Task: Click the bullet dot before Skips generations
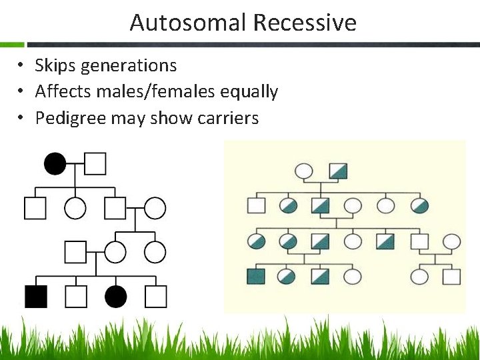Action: (22, 66)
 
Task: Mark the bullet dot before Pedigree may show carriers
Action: (22, 118)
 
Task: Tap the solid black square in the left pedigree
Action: (36, 296)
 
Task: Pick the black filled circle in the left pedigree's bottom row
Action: (116, 296)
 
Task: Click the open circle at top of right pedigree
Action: (304, 171)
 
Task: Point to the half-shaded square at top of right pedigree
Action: (338, 171)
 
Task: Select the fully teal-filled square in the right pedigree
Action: (255, 276)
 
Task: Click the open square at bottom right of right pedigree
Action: (452, 276)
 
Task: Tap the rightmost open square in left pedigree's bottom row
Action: (156, 296)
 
